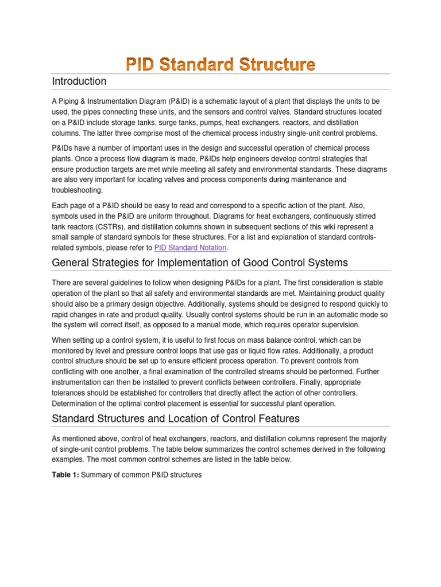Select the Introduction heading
(x=79, y=81)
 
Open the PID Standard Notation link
(x=191, y=248)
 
